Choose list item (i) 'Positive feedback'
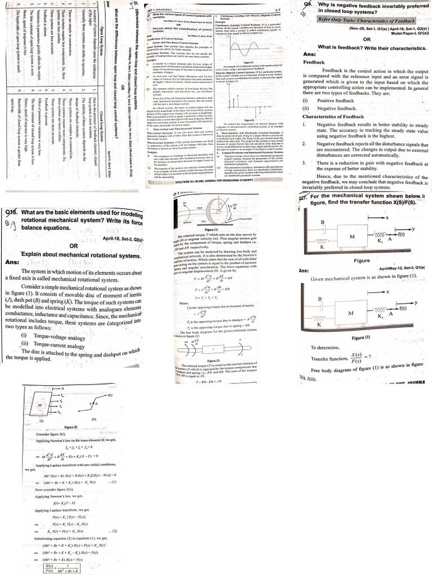[x=336, y=101]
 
